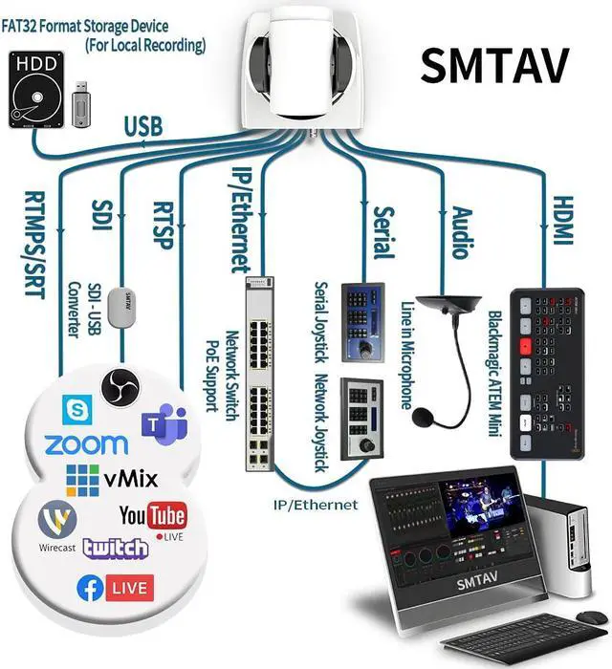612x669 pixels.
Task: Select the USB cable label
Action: pos(143,125)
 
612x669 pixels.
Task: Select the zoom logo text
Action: pos(86,444)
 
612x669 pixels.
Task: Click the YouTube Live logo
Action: pos(153,517)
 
